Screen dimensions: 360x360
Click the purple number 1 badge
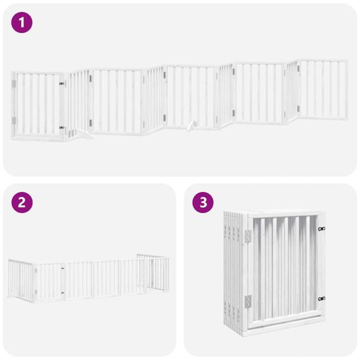coord(22,23)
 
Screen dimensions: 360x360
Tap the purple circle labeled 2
coord(22,202)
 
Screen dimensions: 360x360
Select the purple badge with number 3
coord(203,202)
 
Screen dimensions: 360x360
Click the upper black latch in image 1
coord(62,83)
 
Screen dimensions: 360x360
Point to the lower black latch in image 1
coord(62,127)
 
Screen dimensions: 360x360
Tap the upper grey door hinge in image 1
coord(14,84)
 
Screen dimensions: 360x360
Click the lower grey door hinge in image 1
coord(14,121)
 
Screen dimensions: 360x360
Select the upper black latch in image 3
coord(322,229)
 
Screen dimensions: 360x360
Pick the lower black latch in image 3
coord(322,299)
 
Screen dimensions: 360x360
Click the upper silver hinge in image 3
coord(248,236)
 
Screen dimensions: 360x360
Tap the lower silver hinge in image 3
coord(248,301)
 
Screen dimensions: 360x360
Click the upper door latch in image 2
coord(62,268)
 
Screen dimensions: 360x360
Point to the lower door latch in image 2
coord(62,293)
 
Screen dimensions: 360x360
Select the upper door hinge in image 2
coord(36,271)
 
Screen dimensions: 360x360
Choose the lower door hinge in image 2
coord(36,292)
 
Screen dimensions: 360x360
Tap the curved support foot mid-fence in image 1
coord(191,126)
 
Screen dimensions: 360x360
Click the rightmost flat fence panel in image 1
coord(324,89)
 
